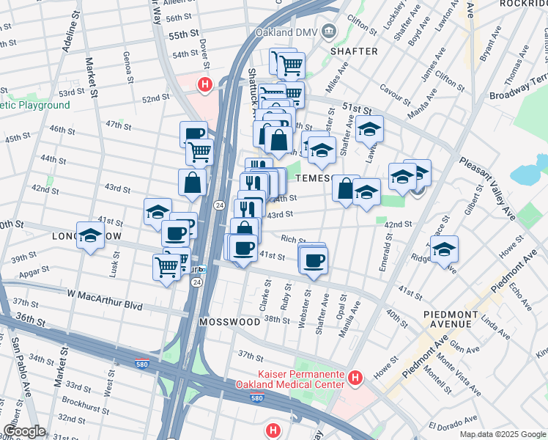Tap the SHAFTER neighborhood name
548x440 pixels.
point(354,51)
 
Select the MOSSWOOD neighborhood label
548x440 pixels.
point(229,322)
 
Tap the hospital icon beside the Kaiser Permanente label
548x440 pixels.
point(355,378)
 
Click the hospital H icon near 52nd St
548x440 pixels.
point(206,85)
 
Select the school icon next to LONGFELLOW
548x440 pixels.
point(90,235)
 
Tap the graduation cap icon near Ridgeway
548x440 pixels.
point(444,249)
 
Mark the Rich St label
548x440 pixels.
point(293,239)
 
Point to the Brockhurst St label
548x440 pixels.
point(85,402)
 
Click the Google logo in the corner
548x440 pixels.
point(25,431)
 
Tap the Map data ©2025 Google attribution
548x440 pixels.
point(503,434)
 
